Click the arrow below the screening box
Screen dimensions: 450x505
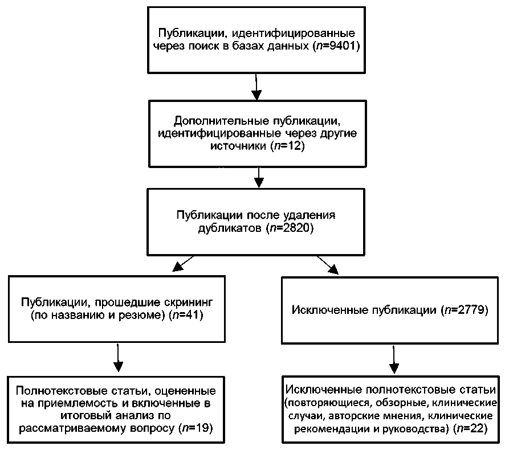[x=119, y=359]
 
